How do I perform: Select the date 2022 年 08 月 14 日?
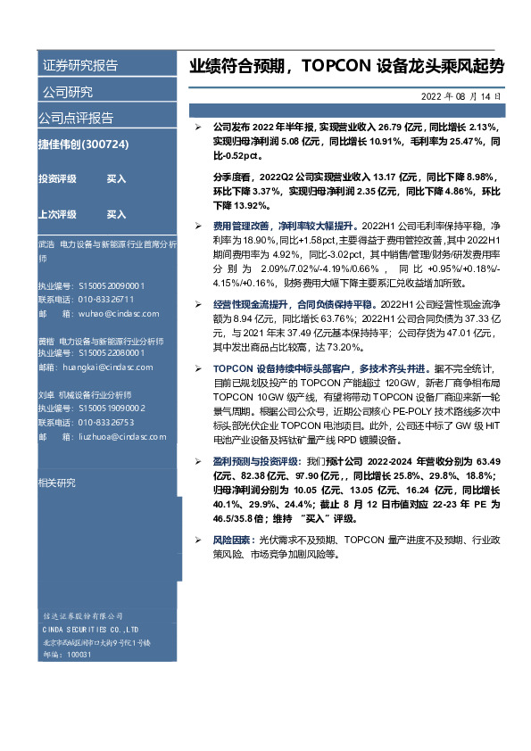coord(460,95)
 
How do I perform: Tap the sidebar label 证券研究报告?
coord(79,65)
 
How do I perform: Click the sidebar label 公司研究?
coord(66,92)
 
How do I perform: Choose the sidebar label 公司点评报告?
coord(75,118)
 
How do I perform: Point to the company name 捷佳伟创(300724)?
coord(84,144)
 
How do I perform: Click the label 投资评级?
coord(57,178)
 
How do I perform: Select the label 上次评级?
coord(57,214)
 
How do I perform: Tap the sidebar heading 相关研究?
coord(56,482)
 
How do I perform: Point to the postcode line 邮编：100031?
coord(67,654)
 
